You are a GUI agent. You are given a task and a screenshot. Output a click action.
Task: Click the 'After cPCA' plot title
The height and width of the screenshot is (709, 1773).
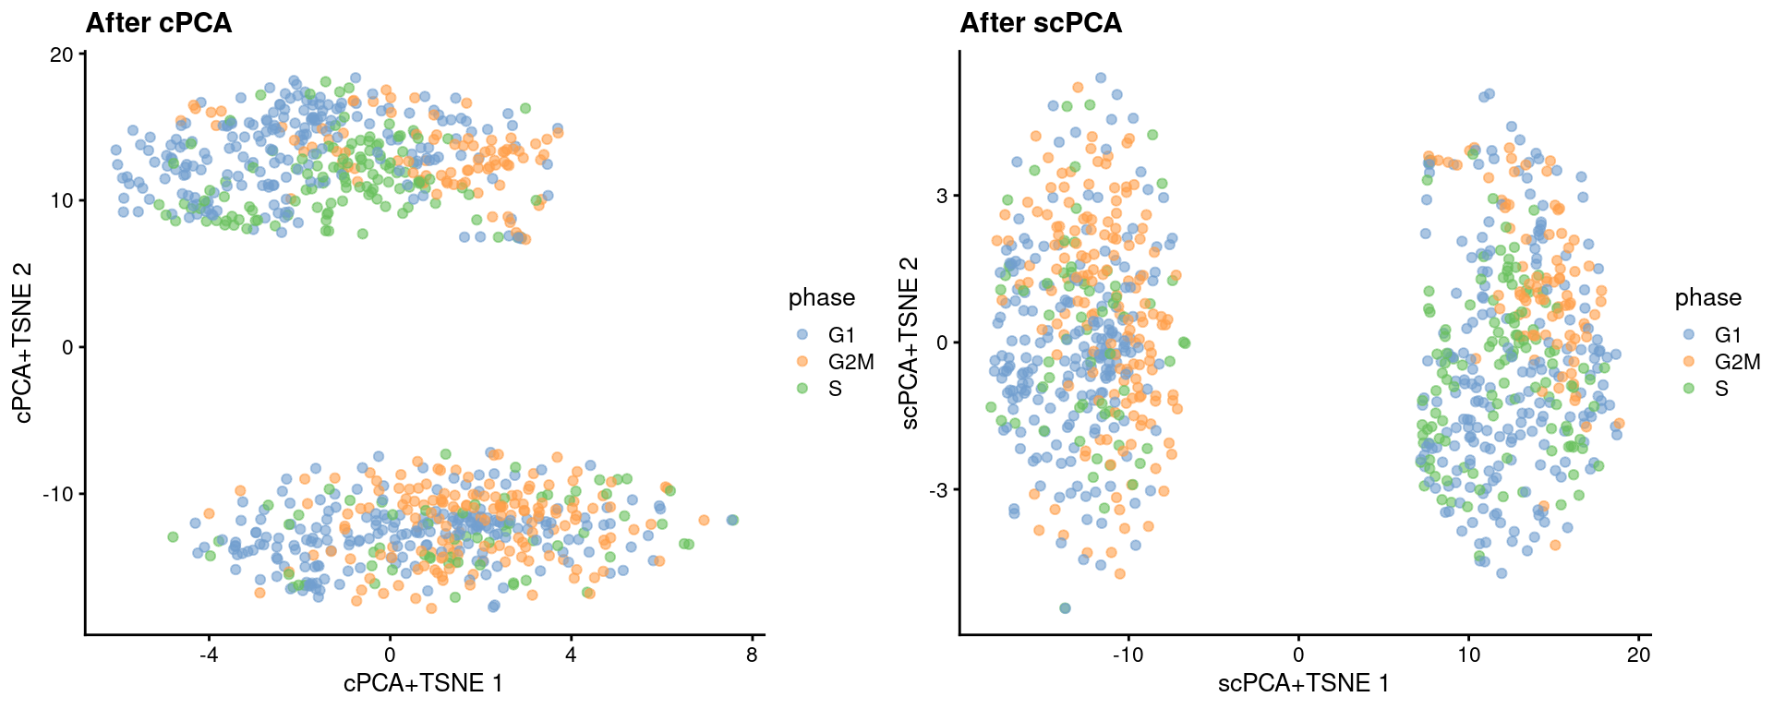(x=158, y=23)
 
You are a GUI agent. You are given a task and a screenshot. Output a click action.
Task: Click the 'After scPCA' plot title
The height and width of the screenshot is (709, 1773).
(x=1041, y=23)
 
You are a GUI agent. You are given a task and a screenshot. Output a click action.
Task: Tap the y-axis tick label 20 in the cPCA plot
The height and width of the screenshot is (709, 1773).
(x=62, y=54)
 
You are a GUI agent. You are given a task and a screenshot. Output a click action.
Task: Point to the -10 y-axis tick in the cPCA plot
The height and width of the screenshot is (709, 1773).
(x=57, y=494)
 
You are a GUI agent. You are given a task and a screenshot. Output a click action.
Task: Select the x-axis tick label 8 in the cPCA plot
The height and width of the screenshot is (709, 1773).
(x=752, y=655)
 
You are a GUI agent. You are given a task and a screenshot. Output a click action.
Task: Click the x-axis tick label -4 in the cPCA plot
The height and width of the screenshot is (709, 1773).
(x=208, y=655)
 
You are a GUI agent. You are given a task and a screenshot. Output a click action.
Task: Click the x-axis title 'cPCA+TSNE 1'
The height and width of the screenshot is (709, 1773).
(x=423, y=683)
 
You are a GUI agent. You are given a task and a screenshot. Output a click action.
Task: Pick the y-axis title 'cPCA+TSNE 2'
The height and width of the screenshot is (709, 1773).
(x=23, y=343)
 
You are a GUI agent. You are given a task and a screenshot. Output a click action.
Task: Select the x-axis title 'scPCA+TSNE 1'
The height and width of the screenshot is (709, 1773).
(x=1304, y=683)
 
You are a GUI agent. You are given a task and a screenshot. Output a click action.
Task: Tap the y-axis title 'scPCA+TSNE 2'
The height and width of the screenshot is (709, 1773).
(x=910, y=343)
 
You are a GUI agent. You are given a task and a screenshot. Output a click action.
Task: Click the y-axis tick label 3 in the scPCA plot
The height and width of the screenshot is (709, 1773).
(x=942, y=196)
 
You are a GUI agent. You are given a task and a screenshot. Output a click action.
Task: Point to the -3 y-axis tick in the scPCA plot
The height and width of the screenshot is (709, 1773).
(x=938, y=489)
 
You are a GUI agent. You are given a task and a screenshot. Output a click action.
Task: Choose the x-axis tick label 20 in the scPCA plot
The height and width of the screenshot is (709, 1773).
(x=1638, y=655)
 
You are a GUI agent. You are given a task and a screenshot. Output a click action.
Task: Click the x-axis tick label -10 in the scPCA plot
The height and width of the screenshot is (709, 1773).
(x=1128, y=655)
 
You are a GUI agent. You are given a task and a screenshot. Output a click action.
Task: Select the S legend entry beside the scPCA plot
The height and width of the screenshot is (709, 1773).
(x=1721, y=389)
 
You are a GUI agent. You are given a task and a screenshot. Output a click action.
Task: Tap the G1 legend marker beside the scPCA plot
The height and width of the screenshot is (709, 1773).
(x=1689, y=335)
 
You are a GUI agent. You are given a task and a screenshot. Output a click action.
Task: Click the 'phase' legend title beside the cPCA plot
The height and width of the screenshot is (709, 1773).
(x=821, y=297)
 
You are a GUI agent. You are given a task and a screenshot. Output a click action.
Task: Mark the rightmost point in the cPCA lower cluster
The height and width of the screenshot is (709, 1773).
(x=732, y=520)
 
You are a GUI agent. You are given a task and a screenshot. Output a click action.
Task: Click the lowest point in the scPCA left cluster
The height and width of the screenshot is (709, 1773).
(x=1065, y=608)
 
